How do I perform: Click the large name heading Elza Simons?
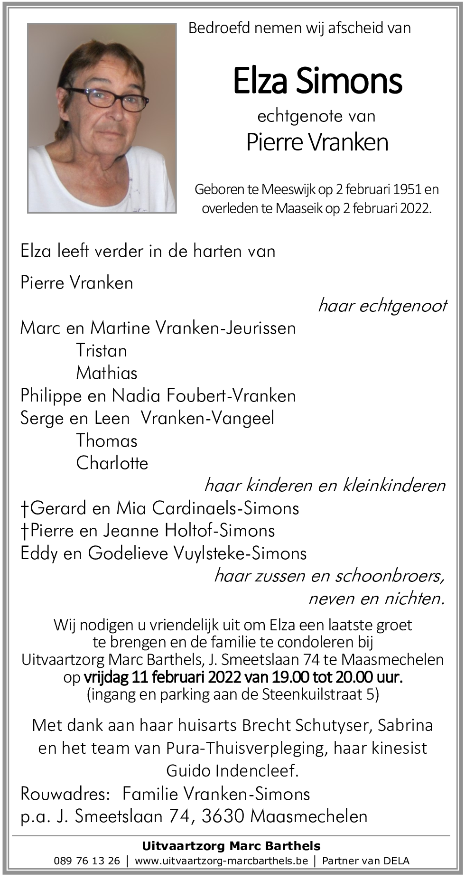tap(317, 81)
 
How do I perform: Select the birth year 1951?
tap(406, 189)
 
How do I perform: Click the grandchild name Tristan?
tap(102, 351)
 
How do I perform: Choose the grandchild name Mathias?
tap(107, 373)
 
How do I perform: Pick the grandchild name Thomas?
tap(107, 441)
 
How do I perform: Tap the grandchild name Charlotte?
tap(112, 463)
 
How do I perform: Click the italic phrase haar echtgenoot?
tap(382, 306)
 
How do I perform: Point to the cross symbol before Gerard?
tap(25, 509)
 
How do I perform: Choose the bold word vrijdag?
tap(106, 677)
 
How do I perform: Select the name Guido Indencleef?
tap(232, 770)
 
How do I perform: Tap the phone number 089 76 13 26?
tap(87, 861)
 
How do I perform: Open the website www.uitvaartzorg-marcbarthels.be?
tap(221, 861)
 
